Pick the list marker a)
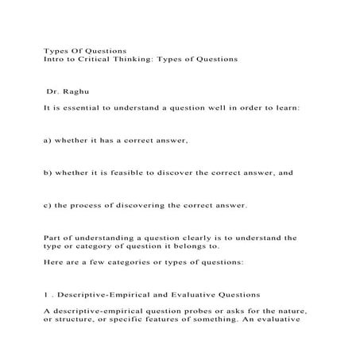(48, 141)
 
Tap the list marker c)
(48, 205)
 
